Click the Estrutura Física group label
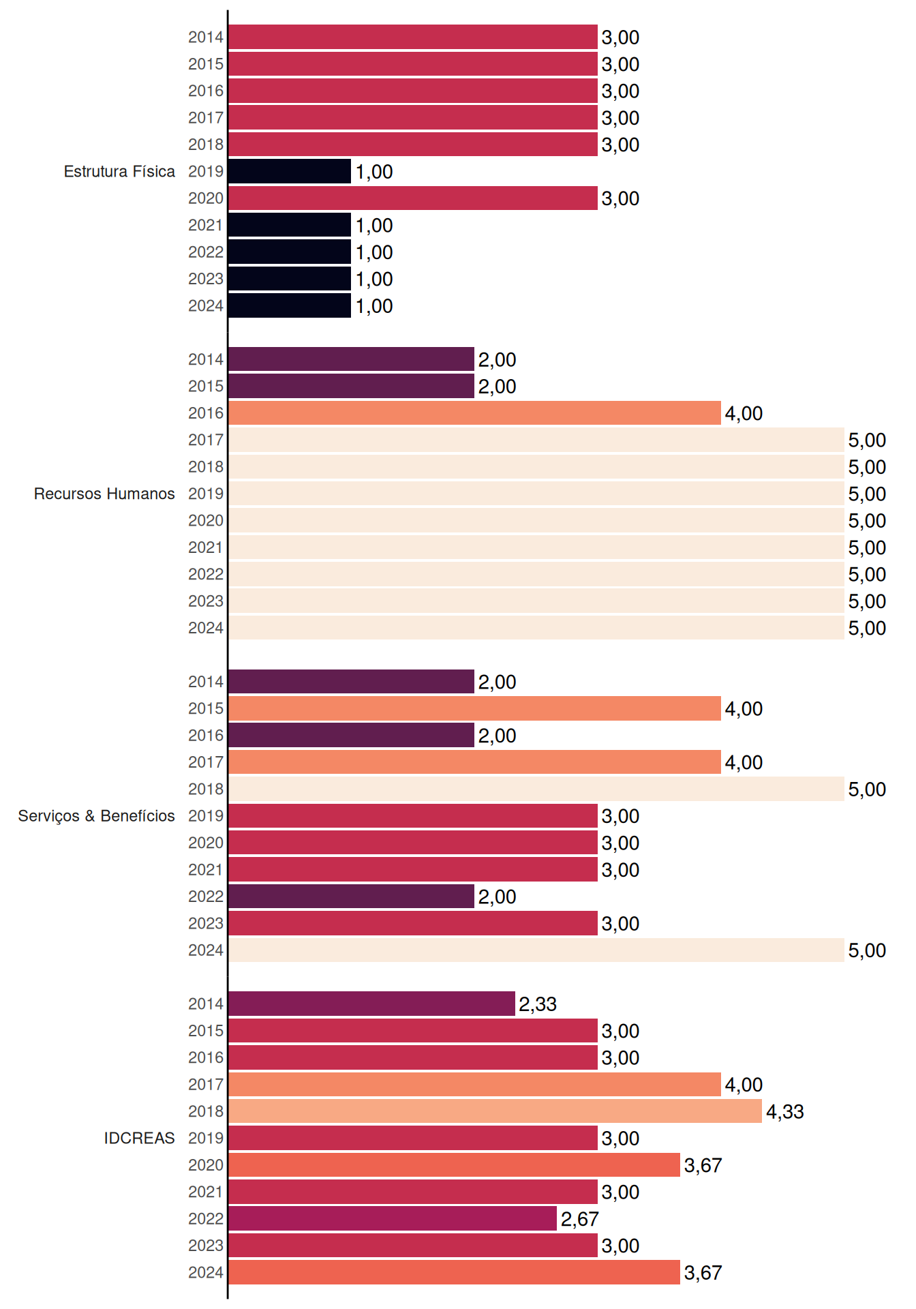point(119,171)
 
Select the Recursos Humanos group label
point(104,494)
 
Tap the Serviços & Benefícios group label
point(96,816)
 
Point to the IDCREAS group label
point(139,1138)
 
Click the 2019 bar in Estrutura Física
point(290,171)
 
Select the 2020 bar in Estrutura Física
point(413,198)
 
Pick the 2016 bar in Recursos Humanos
point(475,413)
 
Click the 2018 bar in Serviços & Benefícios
point(536,789)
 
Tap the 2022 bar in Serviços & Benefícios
point(352,897)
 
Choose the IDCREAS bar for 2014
point(372,1004)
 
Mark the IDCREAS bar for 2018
point(495,1111)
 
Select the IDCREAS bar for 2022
point(393,1218)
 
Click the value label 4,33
point(785,1112)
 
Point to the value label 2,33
point(538,1004)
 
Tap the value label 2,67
point(580,1219)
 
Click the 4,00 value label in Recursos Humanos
point(744,414)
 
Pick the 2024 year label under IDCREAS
point(206,1272)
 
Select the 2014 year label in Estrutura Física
point(206,37)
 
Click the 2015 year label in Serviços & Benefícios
point(206,708)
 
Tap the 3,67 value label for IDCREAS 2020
point(703,1166)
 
